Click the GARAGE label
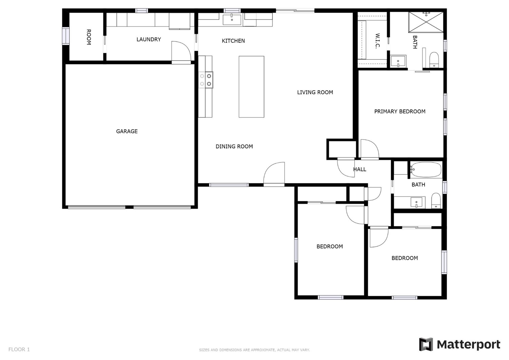pyautogui.click(x=127, y=131)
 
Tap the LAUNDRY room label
pyautogui.click(x=149, y=39)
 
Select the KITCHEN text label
pyautogui.click(x=233, y=41)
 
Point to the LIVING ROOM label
pyautogui.click(x=315, y=92)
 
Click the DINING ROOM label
pyautogui.click(x=234, y=146)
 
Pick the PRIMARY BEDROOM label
pyautogui.click(x=400, y=111)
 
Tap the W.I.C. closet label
pyautogui.click(x=377, y=41)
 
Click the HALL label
pyautogui.click(x=359, y=169)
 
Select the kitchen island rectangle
pyautogui.click(x=251, y=87)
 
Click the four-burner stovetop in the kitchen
pyautogui.click(x=206, y=80)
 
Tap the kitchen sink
pyautogui.click(x=231, y=19)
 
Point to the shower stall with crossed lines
pyautogui.click(x=426, y=22)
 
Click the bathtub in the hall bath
pyautogui.click(x=426, y=170)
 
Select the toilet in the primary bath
pyautogui.click(x=434, y=60)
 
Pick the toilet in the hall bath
pyautogui.click(x=436, y=201)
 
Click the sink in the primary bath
pyautogui.click(x=398, y=61)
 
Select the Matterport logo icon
pyautogui.click(x=426, y=344)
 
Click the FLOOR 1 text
pyautogui.click(x=19, y=349)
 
